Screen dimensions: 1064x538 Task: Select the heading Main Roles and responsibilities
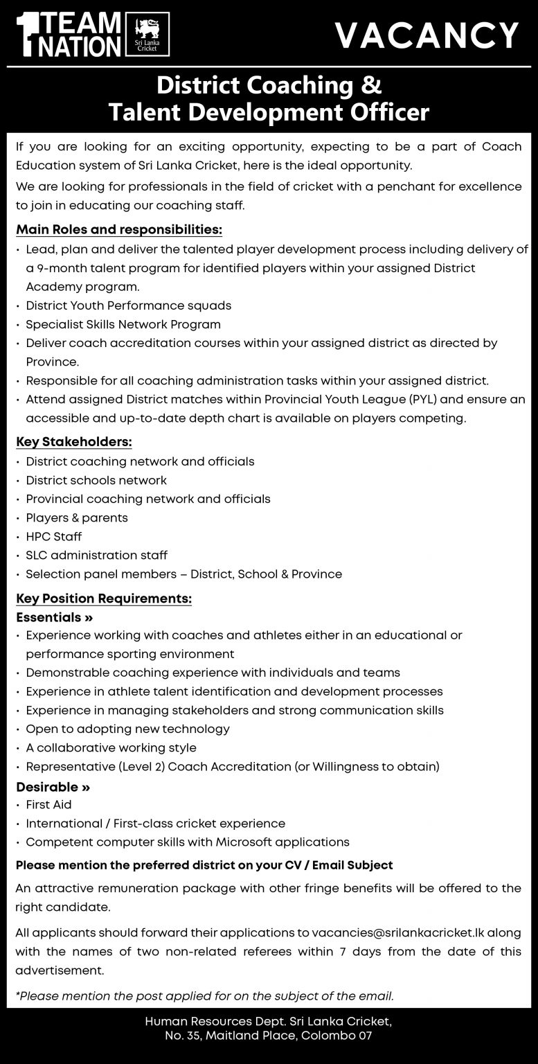(x=119, y=229)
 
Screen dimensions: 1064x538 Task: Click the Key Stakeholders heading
(x=73, y=442)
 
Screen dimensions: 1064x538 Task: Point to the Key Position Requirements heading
(x=104, y=598)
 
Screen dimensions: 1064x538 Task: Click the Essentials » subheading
(x=55, y=617)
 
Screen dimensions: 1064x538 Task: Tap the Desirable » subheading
(x=53, y=787)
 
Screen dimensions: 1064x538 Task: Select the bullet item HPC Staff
(x=54, y=536)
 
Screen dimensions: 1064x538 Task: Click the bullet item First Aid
(x=48, y=805)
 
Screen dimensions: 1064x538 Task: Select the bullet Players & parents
(x=77, y=517)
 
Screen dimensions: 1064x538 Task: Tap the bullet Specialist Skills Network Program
(x=123, y=324)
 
